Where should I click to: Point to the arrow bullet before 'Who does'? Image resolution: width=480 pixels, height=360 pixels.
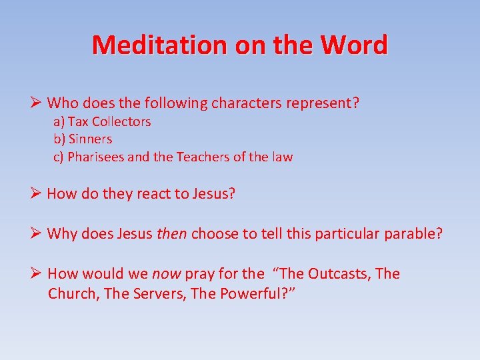[x=36, y=103]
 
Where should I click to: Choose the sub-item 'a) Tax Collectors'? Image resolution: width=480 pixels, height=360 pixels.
[x=102, y=122]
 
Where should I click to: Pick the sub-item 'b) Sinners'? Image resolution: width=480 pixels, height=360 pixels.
[x=83, y=139]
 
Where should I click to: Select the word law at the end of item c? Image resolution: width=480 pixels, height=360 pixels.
[x=282, y=157]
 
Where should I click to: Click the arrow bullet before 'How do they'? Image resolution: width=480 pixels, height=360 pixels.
[x=36, y=194]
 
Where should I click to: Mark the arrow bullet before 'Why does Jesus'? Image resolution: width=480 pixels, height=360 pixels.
[x=36, y=234]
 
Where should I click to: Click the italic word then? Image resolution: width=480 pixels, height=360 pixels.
[x=173, y=234]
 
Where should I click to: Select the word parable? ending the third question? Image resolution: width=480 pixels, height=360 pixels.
[x=413, y=234]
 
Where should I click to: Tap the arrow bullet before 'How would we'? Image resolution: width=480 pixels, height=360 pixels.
[x=36, y=273]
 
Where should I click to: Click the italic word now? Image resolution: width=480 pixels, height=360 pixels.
[x=167, y=274]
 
